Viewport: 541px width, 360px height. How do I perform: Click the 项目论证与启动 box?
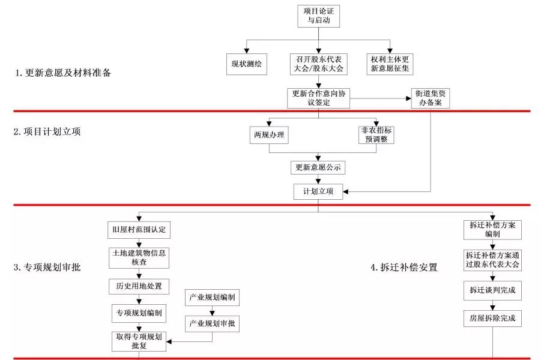coord(318,15)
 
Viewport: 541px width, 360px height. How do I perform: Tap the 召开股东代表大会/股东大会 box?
coord(318,64)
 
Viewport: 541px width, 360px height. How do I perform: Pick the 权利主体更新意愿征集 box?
coord(390,64)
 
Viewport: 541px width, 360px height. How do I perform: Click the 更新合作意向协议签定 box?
coord(318,98)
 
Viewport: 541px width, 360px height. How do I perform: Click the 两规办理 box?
coord(268,136)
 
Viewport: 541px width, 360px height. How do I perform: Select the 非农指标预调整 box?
coord(376,134)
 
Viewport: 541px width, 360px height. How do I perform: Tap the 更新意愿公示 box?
coord(318,167)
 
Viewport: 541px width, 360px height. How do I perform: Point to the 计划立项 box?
coord(318,192)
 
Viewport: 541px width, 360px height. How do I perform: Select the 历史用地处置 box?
coord(139,286)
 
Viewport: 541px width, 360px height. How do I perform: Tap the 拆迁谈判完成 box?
coord(492,290)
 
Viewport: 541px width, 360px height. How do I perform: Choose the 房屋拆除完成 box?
coord(492,317)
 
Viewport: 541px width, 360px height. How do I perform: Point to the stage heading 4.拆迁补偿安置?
coord(403,268)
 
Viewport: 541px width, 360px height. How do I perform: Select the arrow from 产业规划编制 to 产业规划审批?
coord(211,311)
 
